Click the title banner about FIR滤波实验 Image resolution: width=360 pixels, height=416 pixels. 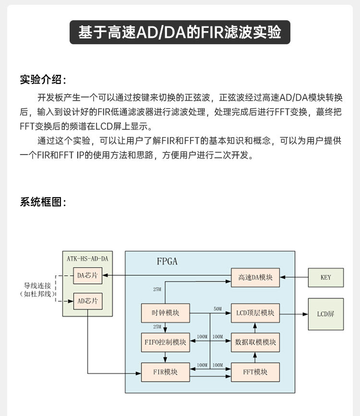(x=180, y=32)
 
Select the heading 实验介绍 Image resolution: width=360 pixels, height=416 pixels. (x=43, y=79)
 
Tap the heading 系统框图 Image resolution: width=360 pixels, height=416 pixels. (x=43, y=202)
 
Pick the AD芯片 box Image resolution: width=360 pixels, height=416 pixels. (x=87, y=301)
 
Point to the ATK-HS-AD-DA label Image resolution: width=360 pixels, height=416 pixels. (x=87, y=259)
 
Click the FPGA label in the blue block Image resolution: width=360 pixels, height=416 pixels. (x=167, y=261)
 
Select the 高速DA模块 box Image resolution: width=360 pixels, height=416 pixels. (x=255, y=277)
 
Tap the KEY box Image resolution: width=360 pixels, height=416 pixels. (x=325, y=277)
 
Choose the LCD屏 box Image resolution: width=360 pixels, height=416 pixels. (x=325, y=314)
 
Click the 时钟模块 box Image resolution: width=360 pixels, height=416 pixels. (x=165, y=313)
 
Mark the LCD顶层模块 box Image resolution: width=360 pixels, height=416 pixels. (x=255, y=313)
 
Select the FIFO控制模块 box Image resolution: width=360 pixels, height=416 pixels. (x=165, y=342)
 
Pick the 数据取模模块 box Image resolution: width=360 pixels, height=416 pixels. (x=255, y=342)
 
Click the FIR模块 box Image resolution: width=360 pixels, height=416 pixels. (x=165, y=372)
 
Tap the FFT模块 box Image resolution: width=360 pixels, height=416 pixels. (x=255, y=372)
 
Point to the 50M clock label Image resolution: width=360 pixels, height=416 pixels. (x=217, y=309)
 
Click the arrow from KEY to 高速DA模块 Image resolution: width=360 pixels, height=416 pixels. (x=293, y=277)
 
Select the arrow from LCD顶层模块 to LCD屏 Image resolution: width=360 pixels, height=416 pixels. (x=293, y=314)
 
